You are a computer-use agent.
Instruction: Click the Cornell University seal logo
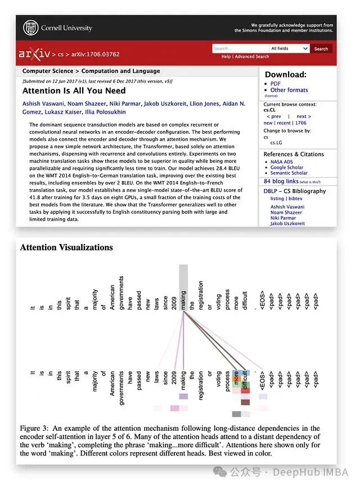pos(31,28)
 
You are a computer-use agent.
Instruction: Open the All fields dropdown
pos(289,49)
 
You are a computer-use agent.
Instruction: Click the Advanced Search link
pos(251,57)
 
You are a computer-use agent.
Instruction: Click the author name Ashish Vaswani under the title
pos(43,104)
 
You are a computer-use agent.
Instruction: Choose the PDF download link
pos(275,84)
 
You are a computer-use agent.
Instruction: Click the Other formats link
pos(289,90)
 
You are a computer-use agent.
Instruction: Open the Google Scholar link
pos(286,168)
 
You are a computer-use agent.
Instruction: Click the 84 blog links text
pos(282,182)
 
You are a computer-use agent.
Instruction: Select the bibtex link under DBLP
pos(296,199)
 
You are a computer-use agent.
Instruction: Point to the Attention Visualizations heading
pos(66,247)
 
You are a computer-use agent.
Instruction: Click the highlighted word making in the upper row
pos(183,293)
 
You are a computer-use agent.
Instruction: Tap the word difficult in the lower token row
pos(244,381)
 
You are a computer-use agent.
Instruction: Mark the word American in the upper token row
pos(112,293)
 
